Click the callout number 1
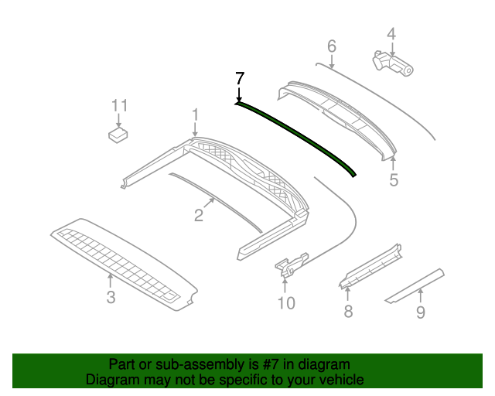point(195,115)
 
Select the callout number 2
point(199,216)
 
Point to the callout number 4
point(391,34)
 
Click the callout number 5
point(394,180)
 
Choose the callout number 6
point(332,46)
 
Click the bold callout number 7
point(239,77)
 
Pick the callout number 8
point(348,311)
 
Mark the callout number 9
point(421,312)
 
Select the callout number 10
point(286,303)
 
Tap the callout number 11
point(118,105)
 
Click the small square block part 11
point(118,135)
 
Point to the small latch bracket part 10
point(291,262)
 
